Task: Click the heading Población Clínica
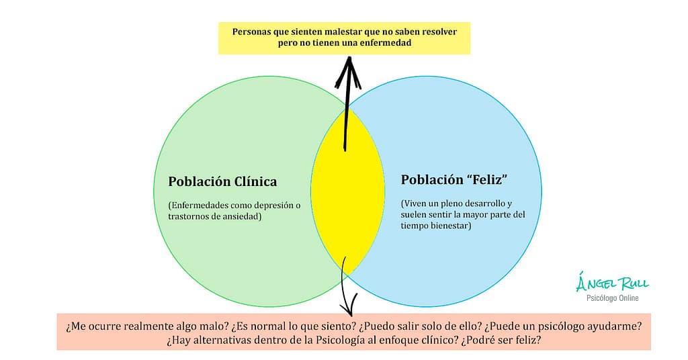point(222,181)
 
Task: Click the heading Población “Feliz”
point(454,180)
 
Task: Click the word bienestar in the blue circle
point(450,226)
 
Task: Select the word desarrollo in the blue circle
point(481,203)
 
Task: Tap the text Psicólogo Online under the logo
point(612,298)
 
